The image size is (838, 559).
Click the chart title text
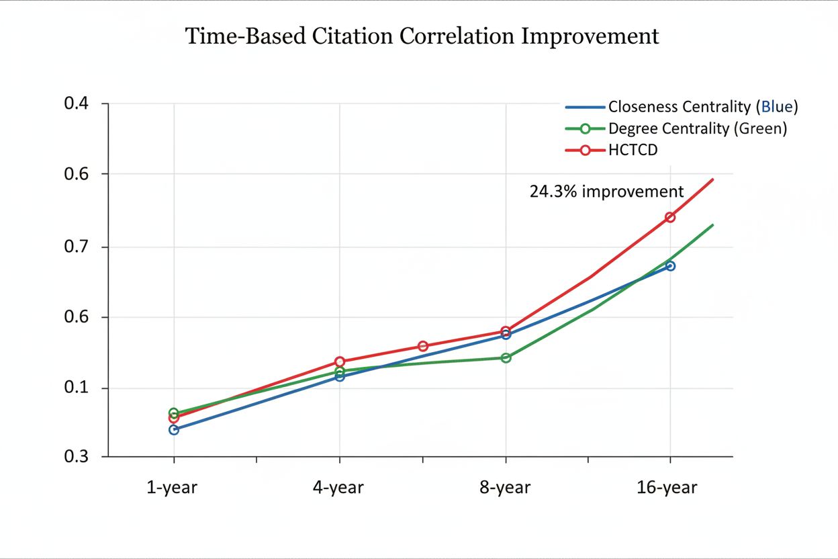[x=422, y=36]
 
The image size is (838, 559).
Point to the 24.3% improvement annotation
[x=606, y=191]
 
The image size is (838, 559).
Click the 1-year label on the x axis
[x=172, y=487]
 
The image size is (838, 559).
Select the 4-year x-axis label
[x=338, y=487]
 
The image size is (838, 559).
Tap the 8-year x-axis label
[x=504, y=487]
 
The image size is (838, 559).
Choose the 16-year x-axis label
[x=667, y=487]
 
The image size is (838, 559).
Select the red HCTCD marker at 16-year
[x=669, y=217]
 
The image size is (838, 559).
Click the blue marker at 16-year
[x=669, y=266]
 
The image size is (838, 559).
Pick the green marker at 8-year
[x=506, y=357]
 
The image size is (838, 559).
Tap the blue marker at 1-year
[x=174, y=429]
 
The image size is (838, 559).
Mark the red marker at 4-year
[x=340, y=361]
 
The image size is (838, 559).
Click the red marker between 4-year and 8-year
[x=422, y=346]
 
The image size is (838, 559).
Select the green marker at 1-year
[x=174, y=413]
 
